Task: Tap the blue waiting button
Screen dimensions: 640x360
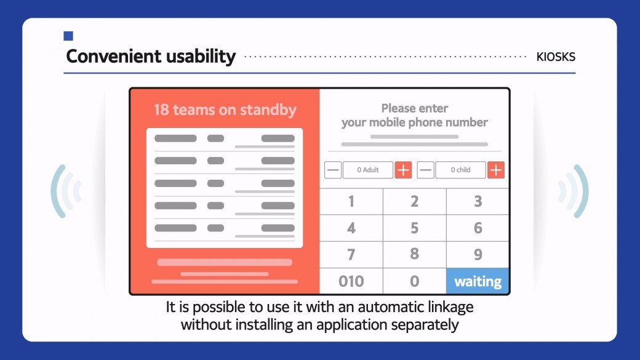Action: [477, 281]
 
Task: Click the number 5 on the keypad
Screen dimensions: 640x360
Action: [414, 228]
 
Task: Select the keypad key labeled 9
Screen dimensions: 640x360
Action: [478, 255]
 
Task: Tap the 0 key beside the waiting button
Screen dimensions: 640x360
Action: [414, 281]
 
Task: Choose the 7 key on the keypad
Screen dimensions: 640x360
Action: [351, 255]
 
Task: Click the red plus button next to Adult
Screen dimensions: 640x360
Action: [403, 170]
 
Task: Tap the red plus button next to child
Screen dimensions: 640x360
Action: [496, 170]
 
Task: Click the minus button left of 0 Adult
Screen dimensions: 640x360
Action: [333, 170]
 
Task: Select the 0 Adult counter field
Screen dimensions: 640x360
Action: [368, 170]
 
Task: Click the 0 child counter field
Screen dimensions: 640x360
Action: [460, 170]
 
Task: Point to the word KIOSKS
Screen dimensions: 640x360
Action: [556, 57]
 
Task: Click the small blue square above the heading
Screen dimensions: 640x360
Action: [68, 36]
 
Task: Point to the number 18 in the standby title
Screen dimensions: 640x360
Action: [161, 110]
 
